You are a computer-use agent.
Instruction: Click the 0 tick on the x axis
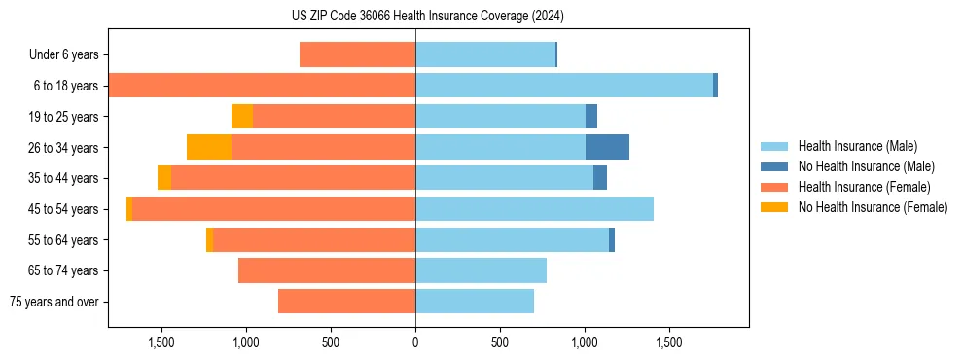(x=415, y=342)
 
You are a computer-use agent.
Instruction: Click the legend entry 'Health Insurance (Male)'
(x=857, y=147)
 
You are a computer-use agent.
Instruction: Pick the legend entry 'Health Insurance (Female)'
(x=864, y=187)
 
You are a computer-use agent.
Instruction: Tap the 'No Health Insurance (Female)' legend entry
(x=873, y=207)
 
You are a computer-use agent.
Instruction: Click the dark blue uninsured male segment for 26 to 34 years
(x=607, y=147)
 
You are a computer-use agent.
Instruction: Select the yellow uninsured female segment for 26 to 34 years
(x=209, y=147)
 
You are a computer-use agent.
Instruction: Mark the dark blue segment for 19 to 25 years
(x=591, y=117)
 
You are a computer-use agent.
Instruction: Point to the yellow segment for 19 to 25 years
(x=242, y=117)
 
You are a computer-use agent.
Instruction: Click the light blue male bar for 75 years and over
(x=475, y=302)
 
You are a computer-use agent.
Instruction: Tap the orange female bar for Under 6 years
(x=357, y=55)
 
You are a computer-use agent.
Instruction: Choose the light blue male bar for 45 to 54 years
(x=534, y=209)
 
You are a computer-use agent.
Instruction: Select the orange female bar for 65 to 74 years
(x=327, y=270)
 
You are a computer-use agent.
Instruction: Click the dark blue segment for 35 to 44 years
(x=600, y=178)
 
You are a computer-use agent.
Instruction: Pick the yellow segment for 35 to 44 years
(x=164, y=178)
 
